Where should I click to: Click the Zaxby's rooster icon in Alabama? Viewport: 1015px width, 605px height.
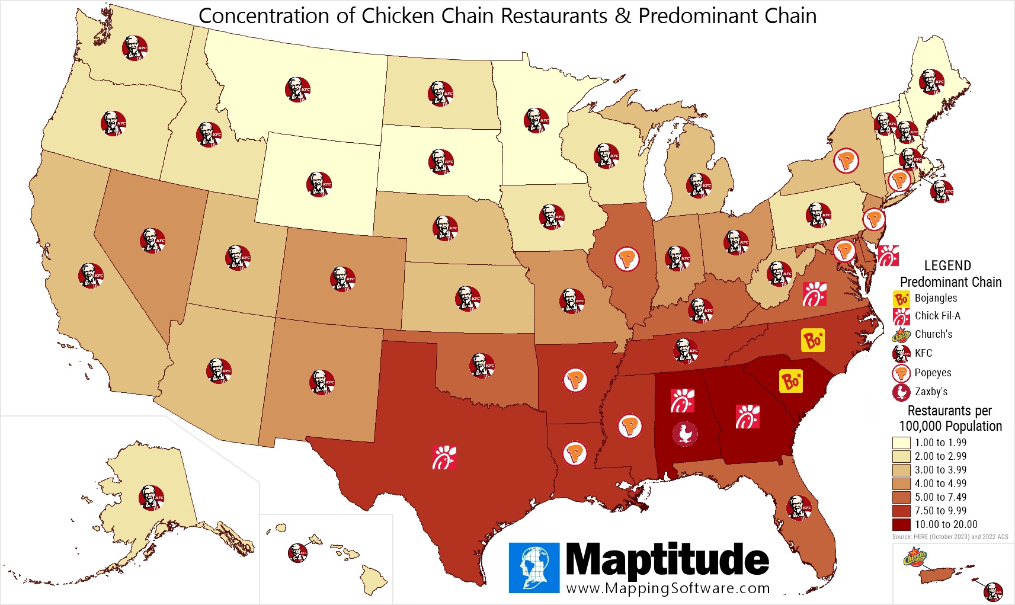[x=685, y=434]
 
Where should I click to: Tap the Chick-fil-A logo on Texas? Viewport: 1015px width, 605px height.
[x=444, y=457]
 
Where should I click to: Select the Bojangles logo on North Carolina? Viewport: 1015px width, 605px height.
[x=813, y=340]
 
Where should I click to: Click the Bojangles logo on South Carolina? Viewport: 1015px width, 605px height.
[x=791, y=381]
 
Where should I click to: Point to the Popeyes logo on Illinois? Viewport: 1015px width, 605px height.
[x=627, y=259]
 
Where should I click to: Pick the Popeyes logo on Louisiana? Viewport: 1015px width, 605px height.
[x=575, y=453]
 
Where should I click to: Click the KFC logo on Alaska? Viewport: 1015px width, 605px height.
[x=151, y=498]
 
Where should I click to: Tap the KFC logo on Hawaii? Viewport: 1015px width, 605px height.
[x=297, y=552]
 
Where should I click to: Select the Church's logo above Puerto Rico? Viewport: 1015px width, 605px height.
[x=915, y=558]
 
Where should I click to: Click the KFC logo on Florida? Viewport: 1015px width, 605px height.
[x=798, y=508]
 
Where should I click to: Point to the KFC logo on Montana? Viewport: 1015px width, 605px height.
[x=297, y=89]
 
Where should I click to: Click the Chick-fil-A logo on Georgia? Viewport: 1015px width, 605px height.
[x=747, y=417]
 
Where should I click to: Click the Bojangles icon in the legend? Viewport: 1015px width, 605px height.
[x=901, y=299]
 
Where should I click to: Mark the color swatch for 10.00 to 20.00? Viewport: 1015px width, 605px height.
[x=901, y=524]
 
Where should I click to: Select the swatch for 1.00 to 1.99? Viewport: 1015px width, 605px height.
[x=901, y=443]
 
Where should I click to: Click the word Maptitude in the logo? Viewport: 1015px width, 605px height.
[x=667, y=559]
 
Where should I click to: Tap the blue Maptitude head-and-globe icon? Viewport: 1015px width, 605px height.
[x=534, y=568]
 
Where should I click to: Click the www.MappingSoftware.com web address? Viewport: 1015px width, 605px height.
[x=668, y=588]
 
